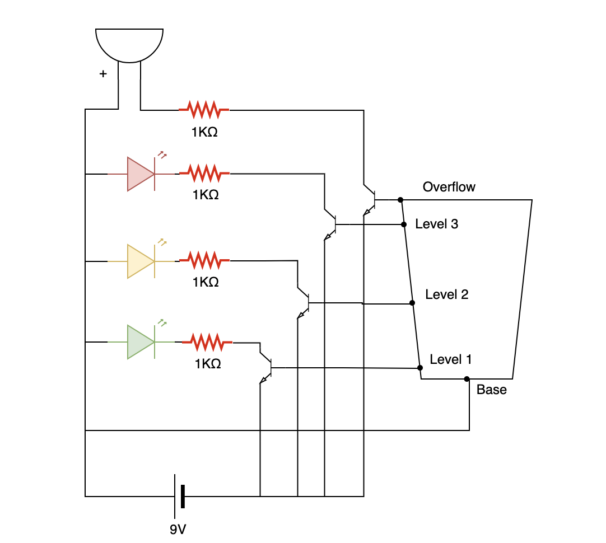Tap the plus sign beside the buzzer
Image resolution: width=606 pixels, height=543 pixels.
[103, 73]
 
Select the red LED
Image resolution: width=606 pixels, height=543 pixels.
[141, 174]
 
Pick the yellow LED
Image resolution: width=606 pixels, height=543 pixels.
[141, 261]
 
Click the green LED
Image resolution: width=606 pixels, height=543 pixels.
[141, 342]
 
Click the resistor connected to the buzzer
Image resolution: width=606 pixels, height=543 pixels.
[204, 110]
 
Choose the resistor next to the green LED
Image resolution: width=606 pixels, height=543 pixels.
[207, 341]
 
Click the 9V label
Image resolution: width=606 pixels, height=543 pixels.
[178, 529]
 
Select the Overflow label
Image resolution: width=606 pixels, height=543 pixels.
[449, 187]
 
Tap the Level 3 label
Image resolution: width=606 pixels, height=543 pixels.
[437, 224]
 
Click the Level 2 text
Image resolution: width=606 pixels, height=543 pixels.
[447, 294]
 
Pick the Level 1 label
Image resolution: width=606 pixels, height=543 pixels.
[451, 359]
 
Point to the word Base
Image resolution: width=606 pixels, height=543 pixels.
[491, 390]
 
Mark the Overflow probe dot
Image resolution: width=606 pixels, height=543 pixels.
[400, 200]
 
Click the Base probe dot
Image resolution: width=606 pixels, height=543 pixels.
[467, 379]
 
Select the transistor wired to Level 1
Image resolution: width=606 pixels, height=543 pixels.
[267, 368]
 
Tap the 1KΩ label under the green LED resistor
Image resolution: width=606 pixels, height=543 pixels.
[208, 364]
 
